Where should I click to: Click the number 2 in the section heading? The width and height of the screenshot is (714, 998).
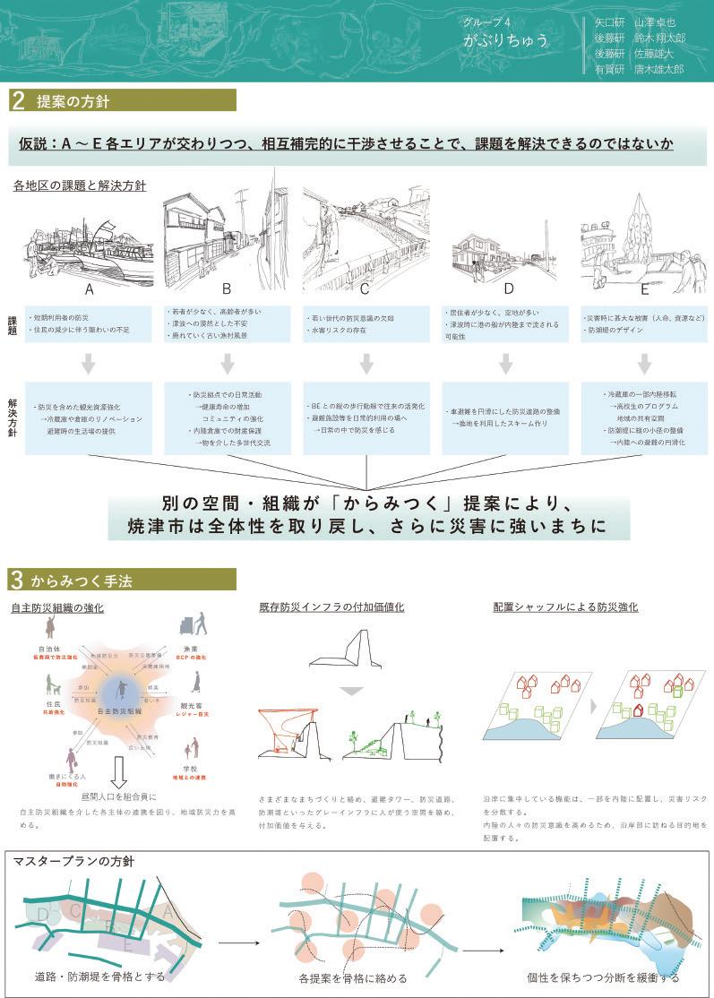click(17, 100)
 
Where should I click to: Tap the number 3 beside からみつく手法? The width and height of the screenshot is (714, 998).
click(17, 580)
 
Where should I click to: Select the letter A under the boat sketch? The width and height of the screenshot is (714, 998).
click(89, 289)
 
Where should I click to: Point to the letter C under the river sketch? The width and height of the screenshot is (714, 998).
click(365, 289)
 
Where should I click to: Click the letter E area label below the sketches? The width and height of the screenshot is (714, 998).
click(644, 289)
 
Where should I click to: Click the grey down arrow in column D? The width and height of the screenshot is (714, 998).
click(505, 363)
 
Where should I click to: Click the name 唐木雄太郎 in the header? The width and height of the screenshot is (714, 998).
click(659, 69)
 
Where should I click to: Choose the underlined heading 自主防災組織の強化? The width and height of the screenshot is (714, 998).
click(57, 607)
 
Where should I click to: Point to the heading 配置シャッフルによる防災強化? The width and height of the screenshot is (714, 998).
click(565, 607)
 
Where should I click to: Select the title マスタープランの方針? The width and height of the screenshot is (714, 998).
click(73, 862)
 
